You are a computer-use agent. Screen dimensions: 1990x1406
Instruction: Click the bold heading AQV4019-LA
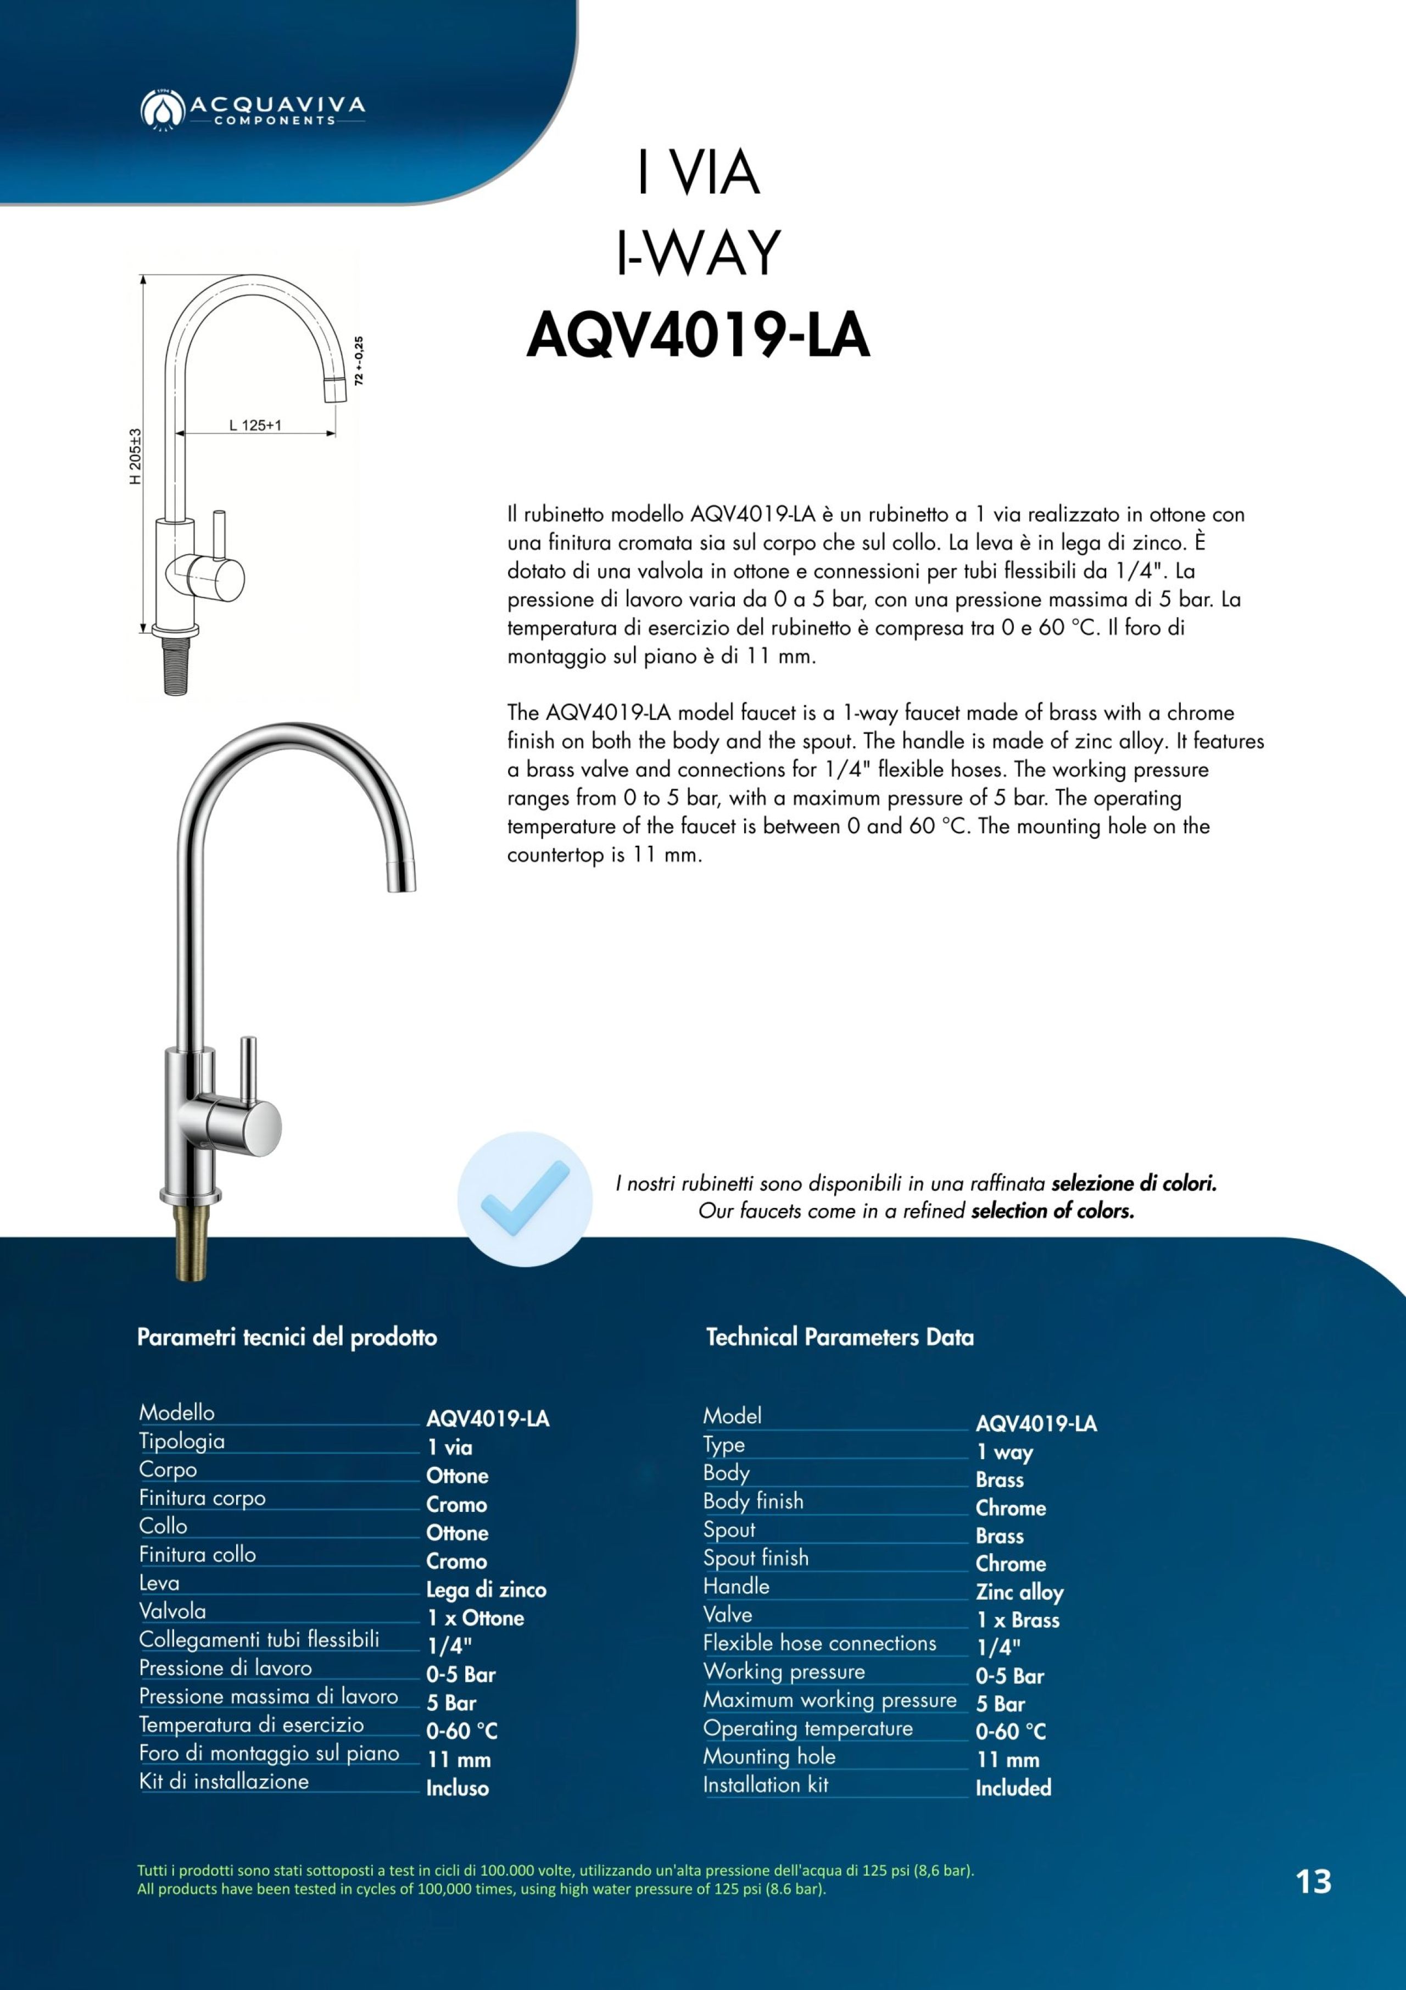pyautogui.click(x=698, y=336)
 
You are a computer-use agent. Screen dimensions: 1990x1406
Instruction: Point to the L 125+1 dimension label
pyautogui.click(x=255, y=425)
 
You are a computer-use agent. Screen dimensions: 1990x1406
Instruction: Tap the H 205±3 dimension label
pyautogui.click(x=135, y=457)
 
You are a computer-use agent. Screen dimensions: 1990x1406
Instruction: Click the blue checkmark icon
pyautogui.click(x=525, y=1199)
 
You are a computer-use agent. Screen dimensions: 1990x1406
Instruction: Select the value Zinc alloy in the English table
pyautogui.click(x=1019, y=1592)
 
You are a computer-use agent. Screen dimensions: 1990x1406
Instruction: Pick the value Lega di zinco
pyautogui.click(x=486, y=1589)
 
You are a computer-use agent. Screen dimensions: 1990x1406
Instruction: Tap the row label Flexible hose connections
pyautogui.click(x=819, y=1643)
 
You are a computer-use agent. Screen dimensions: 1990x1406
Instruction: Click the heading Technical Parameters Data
pyautogui.click(x=839, y=1337)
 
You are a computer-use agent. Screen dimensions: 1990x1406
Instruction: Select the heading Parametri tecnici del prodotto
pyautogui.click(x=287, y=1337)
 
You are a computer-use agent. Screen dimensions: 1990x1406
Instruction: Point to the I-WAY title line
pyautogui.click(x=698, y=253)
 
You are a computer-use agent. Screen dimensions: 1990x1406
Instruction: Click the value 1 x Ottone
pyautogui.click(x=475, y=1617)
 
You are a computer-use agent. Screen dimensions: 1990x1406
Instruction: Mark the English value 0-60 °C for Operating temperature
pyautogui.click(x=1010, y=1732)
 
